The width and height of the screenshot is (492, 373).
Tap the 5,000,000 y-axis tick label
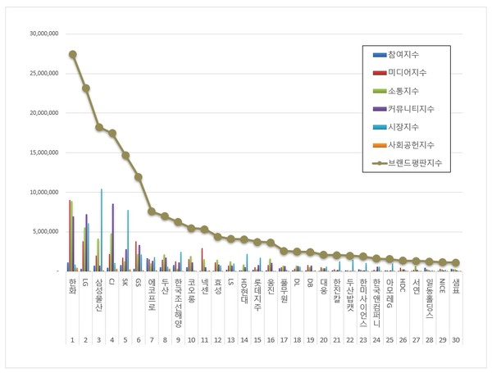43,231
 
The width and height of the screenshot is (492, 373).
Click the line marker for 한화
73,54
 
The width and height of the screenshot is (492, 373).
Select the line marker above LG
86,88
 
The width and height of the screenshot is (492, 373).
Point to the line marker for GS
139,176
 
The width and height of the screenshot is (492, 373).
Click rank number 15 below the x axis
257,339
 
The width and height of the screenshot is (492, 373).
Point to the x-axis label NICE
442,286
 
